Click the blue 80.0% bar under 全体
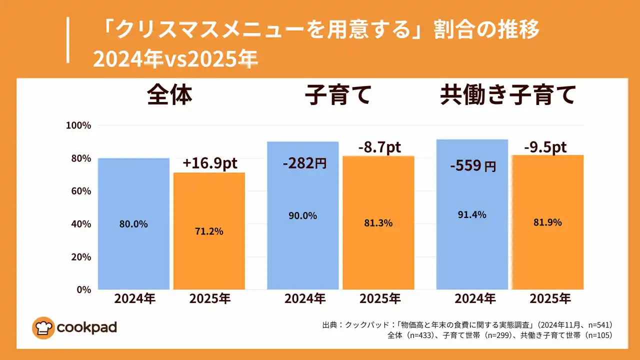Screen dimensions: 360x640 click(x=133, y=223)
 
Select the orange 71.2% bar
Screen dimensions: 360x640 click(x=209, y=231)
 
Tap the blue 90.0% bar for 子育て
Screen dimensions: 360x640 click(x=302, y=215)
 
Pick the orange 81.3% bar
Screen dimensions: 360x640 click(x=378, y=222)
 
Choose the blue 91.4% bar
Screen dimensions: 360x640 click(x=472, y=214)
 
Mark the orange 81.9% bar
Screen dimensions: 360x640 click(x=547, y=222)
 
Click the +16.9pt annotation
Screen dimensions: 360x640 click(x=209, y=163)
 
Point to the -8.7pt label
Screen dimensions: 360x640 click(x=379, y=147)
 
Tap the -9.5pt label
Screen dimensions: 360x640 click(x=545, y=147)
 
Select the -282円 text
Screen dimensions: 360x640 click(x=304, y=163)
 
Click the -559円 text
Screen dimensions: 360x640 click(x=472, y=165)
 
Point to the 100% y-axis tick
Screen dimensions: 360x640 click(x=78, y=125)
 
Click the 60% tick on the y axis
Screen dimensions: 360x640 click(x=80, y=191)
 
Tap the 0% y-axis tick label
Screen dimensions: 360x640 click(x=83, y=289)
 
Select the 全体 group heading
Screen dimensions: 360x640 click(x=169, y=95)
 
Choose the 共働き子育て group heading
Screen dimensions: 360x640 click(x=507, y=95)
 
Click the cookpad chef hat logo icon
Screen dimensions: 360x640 click(x=43, y=328)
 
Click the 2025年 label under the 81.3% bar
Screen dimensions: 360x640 click(x=380, y=299)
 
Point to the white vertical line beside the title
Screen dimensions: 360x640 click(x=67, y=40)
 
